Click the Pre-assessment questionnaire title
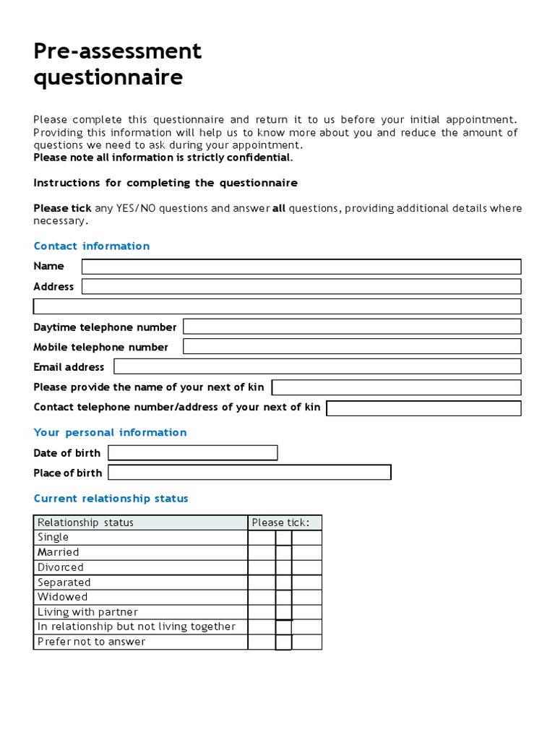[x=118, y=64]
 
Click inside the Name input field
[x=301, y=267]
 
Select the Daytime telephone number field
[x=351, y=327]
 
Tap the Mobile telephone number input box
[x=351, y=347]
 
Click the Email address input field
[x=317, y=366]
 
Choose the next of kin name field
[x=396, y=387]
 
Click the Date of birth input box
[x=193, y=453]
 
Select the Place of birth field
[x=249, y=473]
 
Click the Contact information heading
[x=92, y=246]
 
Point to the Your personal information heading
[x=110, y=432]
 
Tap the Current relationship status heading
[x=111, y=498]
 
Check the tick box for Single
[x=283, y=538]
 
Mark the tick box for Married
[x=283, y=552]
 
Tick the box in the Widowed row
[x=283, y=597]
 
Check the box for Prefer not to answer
[x=283, y=642]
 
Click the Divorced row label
[x=61, y=567]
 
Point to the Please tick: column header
[x=281, y=522]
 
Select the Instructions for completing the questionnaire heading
[x=165, y=183]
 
